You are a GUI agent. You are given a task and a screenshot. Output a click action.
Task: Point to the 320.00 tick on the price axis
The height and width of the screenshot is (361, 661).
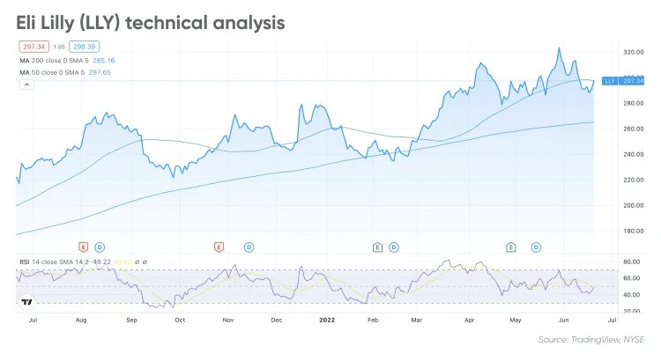pyautogui.click(x=633, y=52)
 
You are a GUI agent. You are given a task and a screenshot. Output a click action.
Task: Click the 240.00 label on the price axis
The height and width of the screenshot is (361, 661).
pyautogui.click(x=633, y=154)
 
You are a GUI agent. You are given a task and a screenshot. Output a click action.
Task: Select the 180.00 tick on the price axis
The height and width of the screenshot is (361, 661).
pyautogui.click(x=633, y=231)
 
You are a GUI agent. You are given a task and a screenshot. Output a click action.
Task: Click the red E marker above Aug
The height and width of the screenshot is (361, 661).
pyautogui.click(x=84, y=247)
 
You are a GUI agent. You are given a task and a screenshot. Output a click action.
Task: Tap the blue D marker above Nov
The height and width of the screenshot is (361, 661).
pyautogui.click(x=249, y=247)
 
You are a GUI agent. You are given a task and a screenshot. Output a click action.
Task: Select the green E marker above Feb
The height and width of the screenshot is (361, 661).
pyautogui.click(x=377, y=247)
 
